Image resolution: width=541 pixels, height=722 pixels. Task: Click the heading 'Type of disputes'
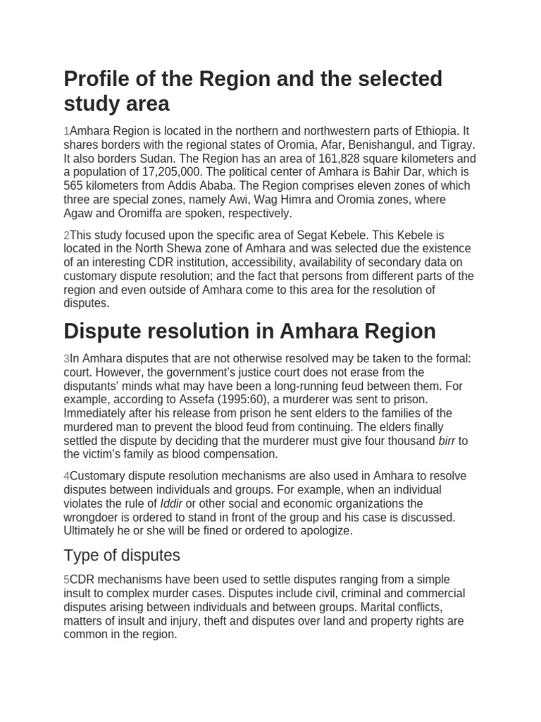[x=122, y=554]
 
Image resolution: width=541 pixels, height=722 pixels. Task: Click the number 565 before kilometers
[x=75, y=186]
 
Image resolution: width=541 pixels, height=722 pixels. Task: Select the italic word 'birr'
[x=447, y=441]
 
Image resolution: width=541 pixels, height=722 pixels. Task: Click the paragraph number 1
[x=67, y=132]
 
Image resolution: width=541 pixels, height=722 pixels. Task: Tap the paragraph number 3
[x=67, y=359]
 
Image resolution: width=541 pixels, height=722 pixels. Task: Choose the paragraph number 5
[x=67, y=580]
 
